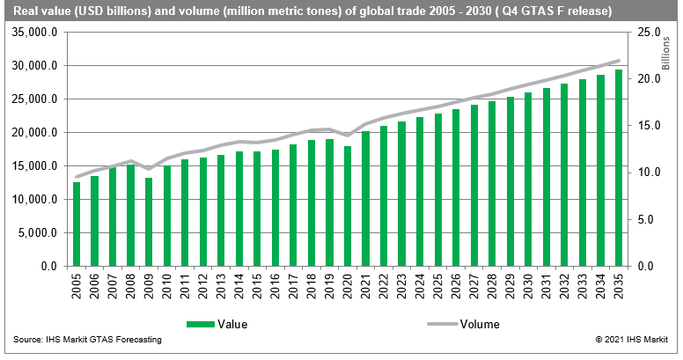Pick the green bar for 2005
point(77,224)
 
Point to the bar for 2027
point(474,185)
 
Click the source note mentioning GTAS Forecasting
point(87,339)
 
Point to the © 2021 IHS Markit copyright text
point(633,339)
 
